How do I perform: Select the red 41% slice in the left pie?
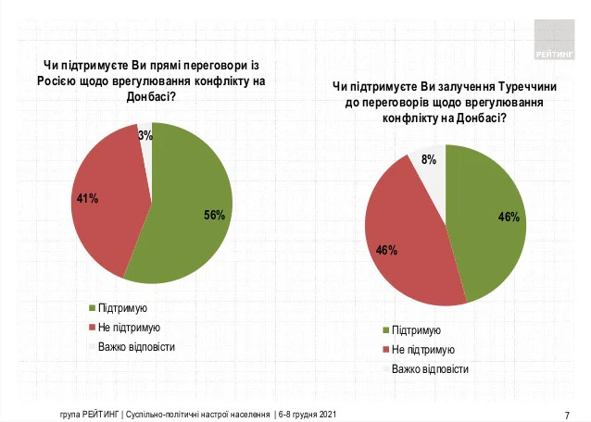point(107,199)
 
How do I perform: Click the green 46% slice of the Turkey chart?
point(486,222)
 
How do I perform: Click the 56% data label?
point(214,215)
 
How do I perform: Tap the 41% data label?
point(86,198)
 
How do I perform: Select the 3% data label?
point(145,135)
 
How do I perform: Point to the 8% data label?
point(429,160)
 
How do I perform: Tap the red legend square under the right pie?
point(385,350)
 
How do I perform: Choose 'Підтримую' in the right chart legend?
point(416,330)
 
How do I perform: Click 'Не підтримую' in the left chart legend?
point(130,328)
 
